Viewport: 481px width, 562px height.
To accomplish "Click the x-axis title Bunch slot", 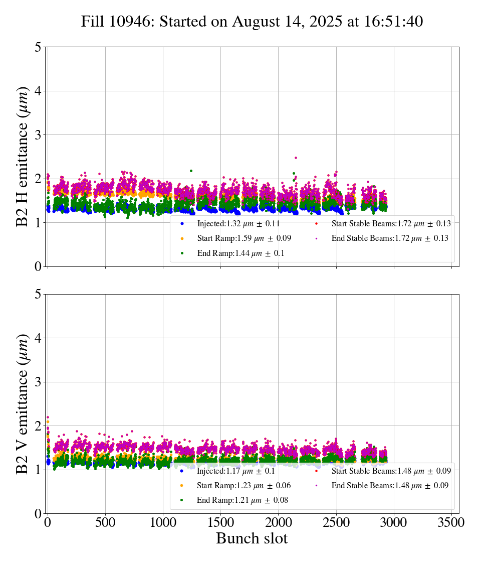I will (x=252, y=538).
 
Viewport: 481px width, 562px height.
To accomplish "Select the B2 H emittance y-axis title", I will (x=23, y=157).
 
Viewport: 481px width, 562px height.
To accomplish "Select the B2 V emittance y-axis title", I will (x=23, y=403).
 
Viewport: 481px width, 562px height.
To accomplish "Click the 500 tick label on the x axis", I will (x=105, y=522).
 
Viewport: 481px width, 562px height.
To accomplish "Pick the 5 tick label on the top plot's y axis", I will (x=38, y=47).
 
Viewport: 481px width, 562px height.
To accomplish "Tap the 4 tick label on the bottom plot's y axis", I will (x=38, y=338).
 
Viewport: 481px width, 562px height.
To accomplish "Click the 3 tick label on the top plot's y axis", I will (x=38, y=135).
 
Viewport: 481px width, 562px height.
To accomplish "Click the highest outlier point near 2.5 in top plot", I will (x=296, y=158).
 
